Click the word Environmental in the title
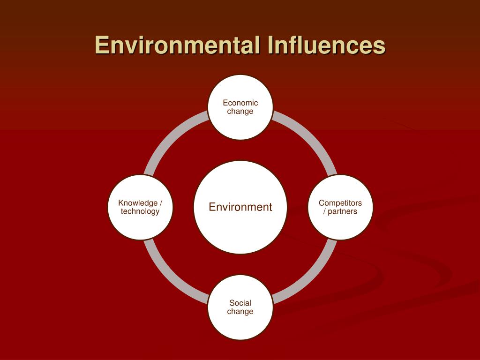click(x=175, y=45)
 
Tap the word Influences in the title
click(x=326, y=45)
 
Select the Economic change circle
click(x=240, y=107)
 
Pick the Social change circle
click(x=240, y=307)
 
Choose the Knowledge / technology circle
click(x=140, y=207)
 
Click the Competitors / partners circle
click(x=340, y=207)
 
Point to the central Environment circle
click(x=240, y=207)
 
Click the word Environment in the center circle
click(x=240, y=207)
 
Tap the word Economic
click(x=240, y=103)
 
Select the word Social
click(x=240, y=303)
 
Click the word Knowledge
click(x=138, y=203)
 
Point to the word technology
click(x=140, y=211)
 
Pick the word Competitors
click(x=340, y=203)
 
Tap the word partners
click(x=342, y=211)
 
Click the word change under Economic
click(x=240, y=112)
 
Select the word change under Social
click(x=240, y=312)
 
